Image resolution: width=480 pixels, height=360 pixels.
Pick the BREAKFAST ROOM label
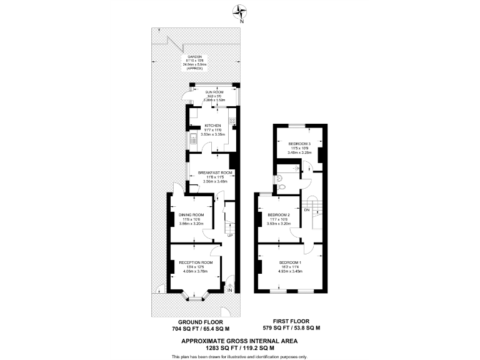coord(215,172)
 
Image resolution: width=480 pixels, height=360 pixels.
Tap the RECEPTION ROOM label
coord(196,262)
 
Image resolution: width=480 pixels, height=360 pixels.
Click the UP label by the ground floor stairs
coord(230,236)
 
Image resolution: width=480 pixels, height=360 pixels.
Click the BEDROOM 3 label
coord(300,143)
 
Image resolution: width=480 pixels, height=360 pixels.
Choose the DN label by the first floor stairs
coord(307,209)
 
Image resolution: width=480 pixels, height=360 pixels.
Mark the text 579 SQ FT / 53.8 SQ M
coord(291,328)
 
